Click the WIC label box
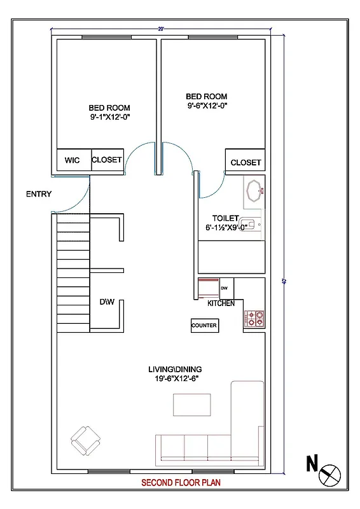tap(73, 160)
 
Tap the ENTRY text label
tap(39, 194)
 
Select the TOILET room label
tap(225, 217)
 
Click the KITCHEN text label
tap(221, 303)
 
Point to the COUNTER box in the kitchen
tap(204, 325)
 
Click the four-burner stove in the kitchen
tap(254, 319)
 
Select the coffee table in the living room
tap(192, 405)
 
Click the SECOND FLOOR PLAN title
tap(181, 483)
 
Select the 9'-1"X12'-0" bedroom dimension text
tap(109, 118)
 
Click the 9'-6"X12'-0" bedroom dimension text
tap(207, 106)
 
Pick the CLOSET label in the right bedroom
tap(246, 162)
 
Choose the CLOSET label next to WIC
tap(107, 160)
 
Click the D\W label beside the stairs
tap(106, 302)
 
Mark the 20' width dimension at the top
tap(161, 29)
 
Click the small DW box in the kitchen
tap(224, 288)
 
